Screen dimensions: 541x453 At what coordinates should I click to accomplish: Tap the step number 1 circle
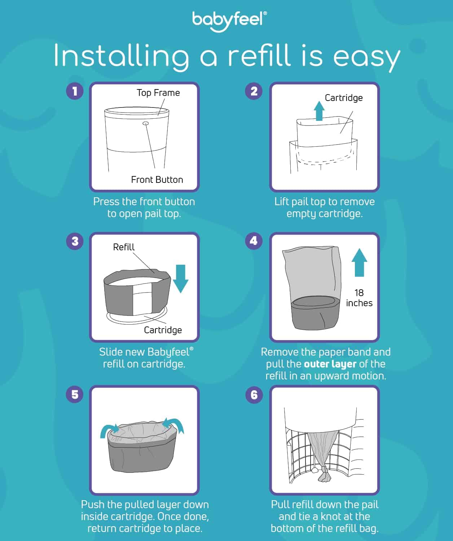pos(75,91)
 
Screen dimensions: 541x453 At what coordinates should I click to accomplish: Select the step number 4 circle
pos(254,241)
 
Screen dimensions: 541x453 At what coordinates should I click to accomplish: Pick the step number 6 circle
pos(254,394)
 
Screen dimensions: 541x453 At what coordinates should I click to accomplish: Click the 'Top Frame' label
pos(158,93)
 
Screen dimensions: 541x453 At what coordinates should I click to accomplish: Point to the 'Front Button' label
pos(157,180)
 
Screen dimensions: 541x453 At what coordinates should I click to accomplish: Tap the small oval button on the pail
pos(146,123)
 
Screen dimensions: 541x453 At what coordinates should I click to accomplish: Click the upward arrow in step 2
pos(319,110)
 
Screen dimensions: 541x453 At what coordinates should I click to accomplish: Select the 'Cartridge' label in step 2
pos(343,98)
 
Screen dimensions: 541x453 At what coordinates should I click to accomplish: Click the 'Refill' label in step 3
pos(124,247)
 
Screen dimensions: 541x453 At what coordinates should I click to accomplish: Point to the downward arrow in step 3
pos(180,278)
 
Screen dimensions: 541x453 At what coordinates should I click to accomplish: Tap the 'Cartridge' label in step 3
pos(163,330)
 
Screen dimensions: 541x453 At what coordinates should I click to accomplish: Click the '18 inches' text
pos(359,298)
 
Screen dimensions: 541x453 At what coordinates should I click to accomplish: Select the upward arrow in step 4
pos(359,262)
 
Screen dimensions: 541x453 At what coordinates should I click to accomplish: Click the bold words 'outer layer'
pos(330,364)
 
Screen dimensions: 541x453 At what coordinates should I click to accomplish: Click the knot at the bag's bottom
pos(325,475)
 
